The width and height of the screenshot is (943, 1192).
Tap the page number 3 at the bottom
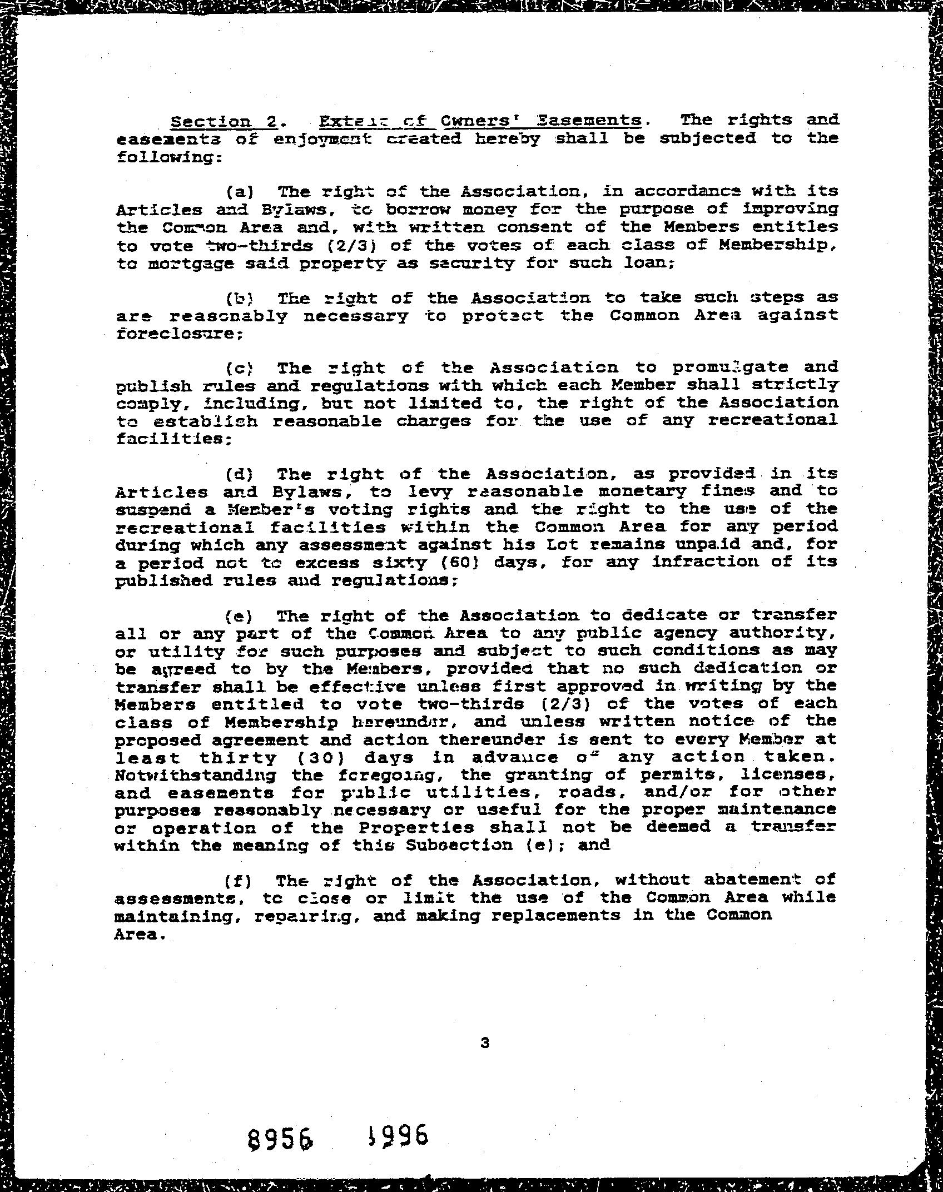click(x=485, y=1043)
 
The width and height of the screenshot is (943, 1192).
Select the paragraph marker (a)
click(x=240, y=192)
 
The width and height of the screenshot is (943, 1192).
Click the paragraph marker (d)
click(x=240, y=475)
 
